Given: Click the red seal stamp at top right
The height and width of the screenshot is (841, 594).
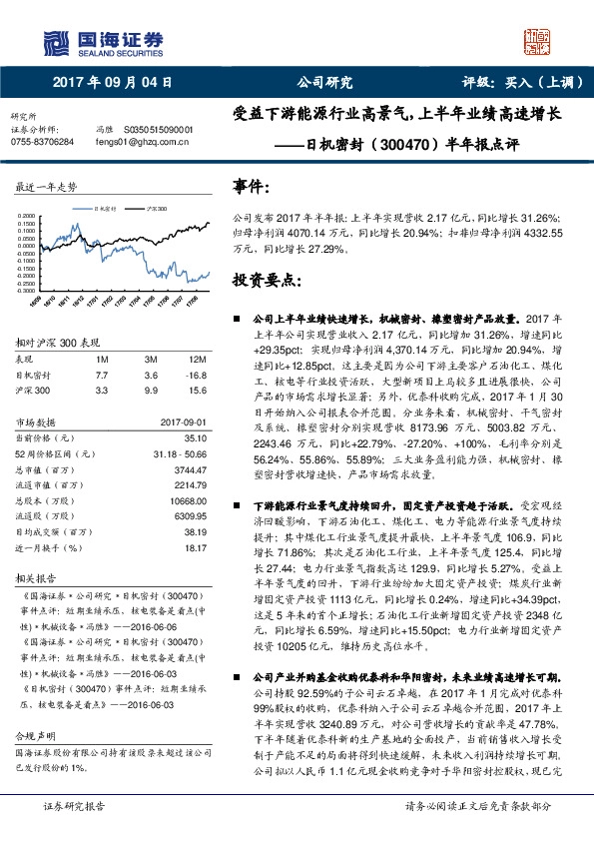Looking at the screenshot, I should pyautogui.click(x=540, y=40).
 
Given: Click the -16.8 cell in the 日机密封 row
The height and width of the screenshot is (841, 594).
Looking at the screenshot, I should pyautogui.click(x=196, y=375).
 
